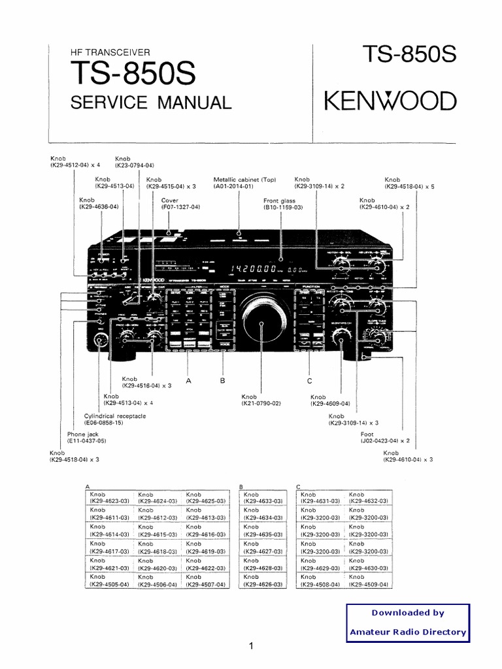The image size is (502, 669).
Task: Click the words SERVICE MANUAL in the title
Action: (150, 103)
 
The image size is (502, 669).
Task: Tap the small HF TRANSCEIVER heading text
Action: (110, 52)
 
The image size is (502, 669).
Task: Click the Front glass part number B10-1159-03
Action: (283, 207)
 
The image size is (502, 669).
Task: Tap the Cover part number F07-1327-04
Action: (180, 207)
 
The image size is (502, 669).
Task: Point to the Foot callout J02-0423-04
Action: (385, 441)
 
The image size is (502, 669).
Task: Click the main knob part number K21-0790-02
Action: (261, 404)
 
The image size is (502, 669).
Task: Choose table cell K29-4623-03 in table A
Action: (109, 501)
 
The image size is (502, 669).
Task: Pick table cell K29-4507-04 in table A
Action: (205, 584)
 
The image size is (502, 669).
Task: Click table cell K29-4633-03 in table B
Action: (263, 501)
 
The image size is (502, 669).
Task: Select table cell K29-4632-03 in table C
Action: (368, 501)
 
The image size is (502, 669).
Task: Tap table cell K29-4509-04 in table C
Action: (368, 584)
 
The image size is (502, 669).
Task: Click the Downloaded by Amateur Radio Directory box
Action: (408, 622)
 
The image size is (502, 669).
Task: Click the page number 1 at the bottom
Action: (250, 647)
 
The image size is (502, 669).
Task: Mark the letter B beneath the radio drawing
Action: (222, 380)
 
